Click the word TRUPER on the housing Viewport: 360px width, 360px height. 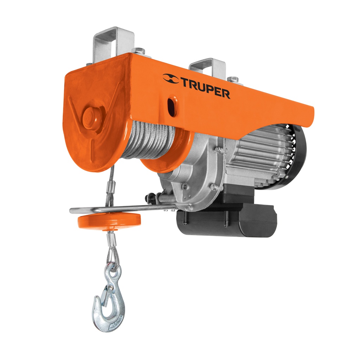click(206, 88)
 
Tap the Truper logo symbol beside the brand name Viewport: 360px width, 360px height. click(171, 79)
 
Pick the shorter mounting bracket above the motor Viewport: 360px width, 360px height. click(207, 68)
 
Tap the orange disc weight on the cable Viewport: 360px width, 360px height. click(109, 221)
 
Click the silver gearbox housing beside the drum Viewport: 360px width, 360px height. click(197, 176)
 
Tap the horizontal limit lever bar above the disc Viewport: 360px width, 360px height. click(123, 208)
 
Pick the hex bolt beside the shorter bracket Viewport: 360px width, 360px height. click(233, 79)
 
